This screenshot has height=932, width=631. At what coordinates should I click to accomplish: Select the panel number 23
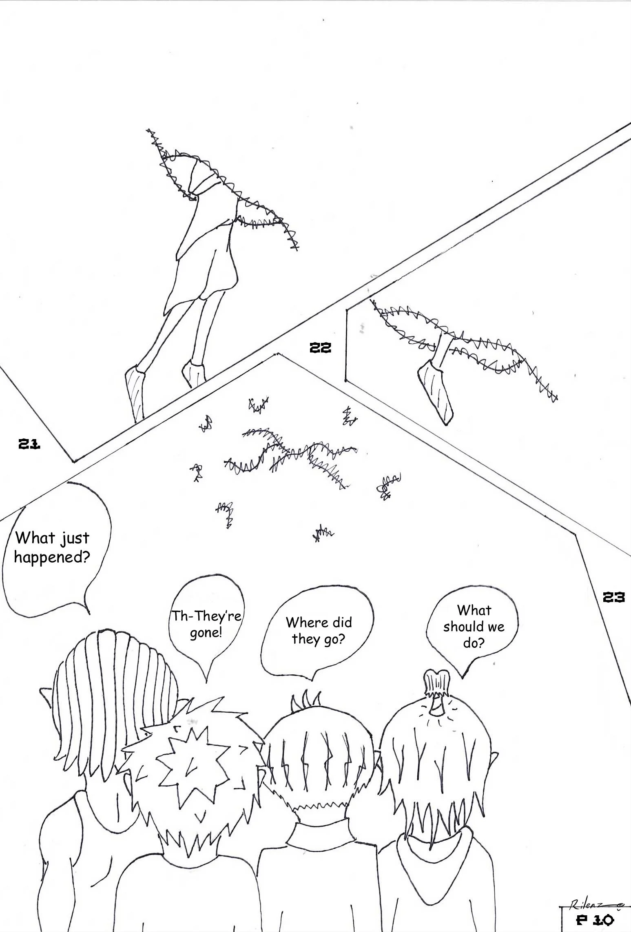point(613,598)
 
